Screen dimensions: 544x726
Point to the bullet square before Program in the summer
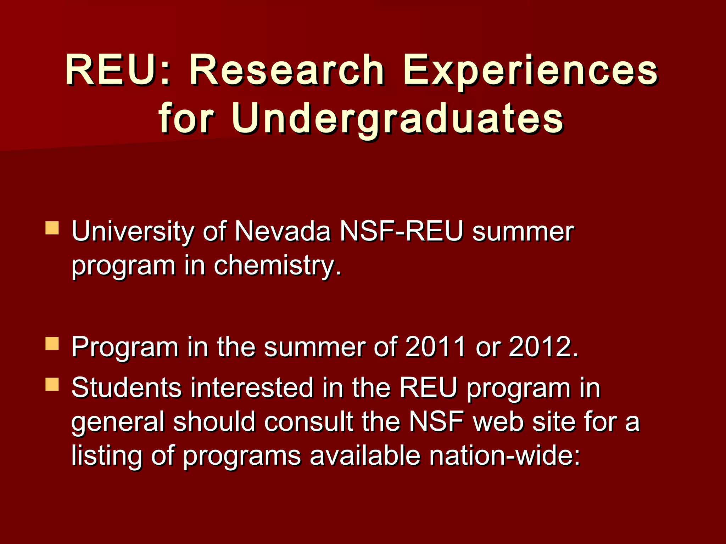52,343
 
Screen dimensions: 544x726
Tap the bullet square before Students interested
52,384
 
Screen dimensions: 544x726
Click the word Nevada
283,232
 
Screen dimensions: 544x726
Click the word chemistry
278,266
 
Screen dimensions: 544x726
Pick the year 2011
435,347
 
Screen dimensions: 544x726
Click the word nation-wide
505,456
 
